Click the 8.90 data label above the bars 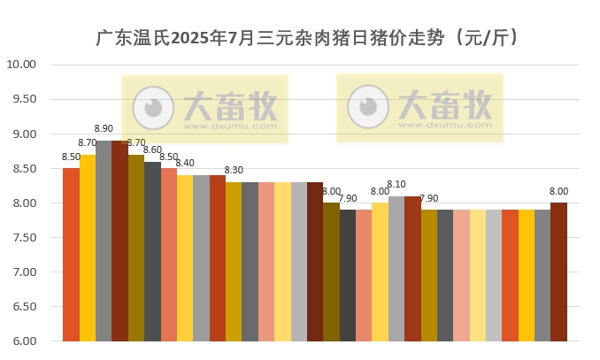[104, 129]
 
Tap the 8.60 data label [152, 150]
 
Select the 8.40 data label [185, 164]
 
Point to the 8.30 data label [234, 171]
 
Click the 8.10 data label [396, 185]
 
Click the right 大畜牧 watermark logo [419, 105]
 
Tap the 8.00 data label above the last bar [558, 191]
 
